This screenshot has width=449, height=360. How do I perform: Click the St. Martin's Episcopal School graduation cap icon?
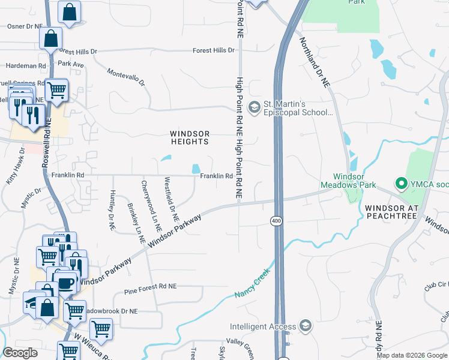pyautogui.click(x=254, y=107)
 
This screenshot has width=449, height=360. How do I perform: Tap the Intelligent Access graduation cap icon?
pyautogui.click(x=306, y=326)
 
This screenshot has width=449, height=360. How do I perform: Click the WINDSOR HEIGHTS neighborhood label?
pyautogui.click(x=190, y=137)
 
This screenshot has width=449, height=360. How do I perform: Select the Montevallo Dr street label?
pyautogui.click(x=127, y=77)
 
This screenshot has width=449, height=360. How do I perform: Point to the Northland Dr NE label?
pyautogui.click(x=315, y=64)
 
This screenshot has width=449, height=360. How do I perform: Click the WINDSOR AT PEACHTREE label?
pyautogui.click(x=391, y=212)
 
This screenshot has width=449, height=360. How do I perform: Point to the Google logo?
pyautogui.click(x=21, y=353)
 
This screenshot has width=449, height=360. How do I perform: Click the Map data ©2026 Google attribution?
pyautogui.click(x=412, y=355)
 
